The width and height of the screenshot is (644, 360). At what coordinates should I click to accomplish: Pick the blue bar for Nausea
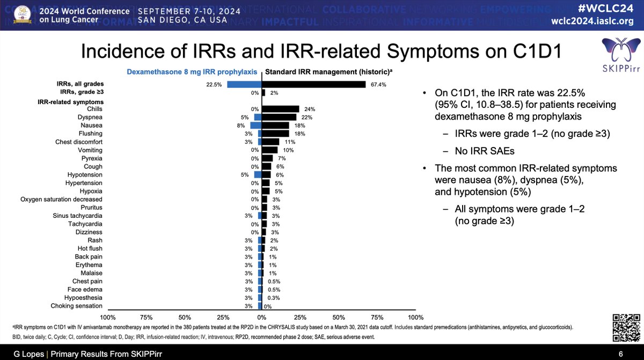(255, 125)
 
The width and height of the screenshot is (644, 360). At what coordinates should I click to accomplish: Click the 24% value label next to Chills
(309, 109)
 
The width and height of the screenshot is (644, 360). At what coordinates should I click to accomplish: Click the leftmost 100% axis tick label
(108, 317)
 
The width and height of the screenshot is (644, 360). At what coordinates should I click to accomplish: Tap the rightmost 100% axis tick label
(415, 317)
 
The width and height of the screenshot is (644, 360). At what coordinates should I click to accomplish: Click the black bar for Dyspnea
(279, 117)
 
